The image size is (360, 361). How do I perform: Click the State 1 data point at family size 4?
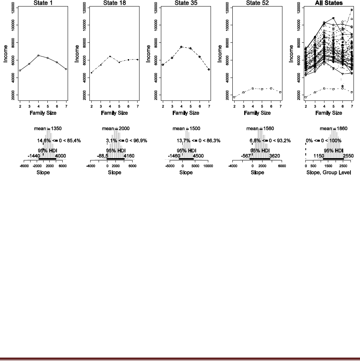tap(38, 55)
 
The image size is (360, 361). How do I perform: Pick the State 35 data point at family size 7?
tap(209, 69)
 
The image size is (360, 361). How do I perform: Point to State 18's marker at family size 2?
tap(92, 73)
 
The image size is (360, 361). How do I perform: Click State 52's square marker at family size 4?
tap(253, 88)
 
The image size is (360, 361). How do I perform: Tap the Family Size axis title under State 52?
tap(257, 113)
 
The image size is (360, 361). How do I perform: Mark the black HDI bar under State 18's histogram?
tap(116, 159)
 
